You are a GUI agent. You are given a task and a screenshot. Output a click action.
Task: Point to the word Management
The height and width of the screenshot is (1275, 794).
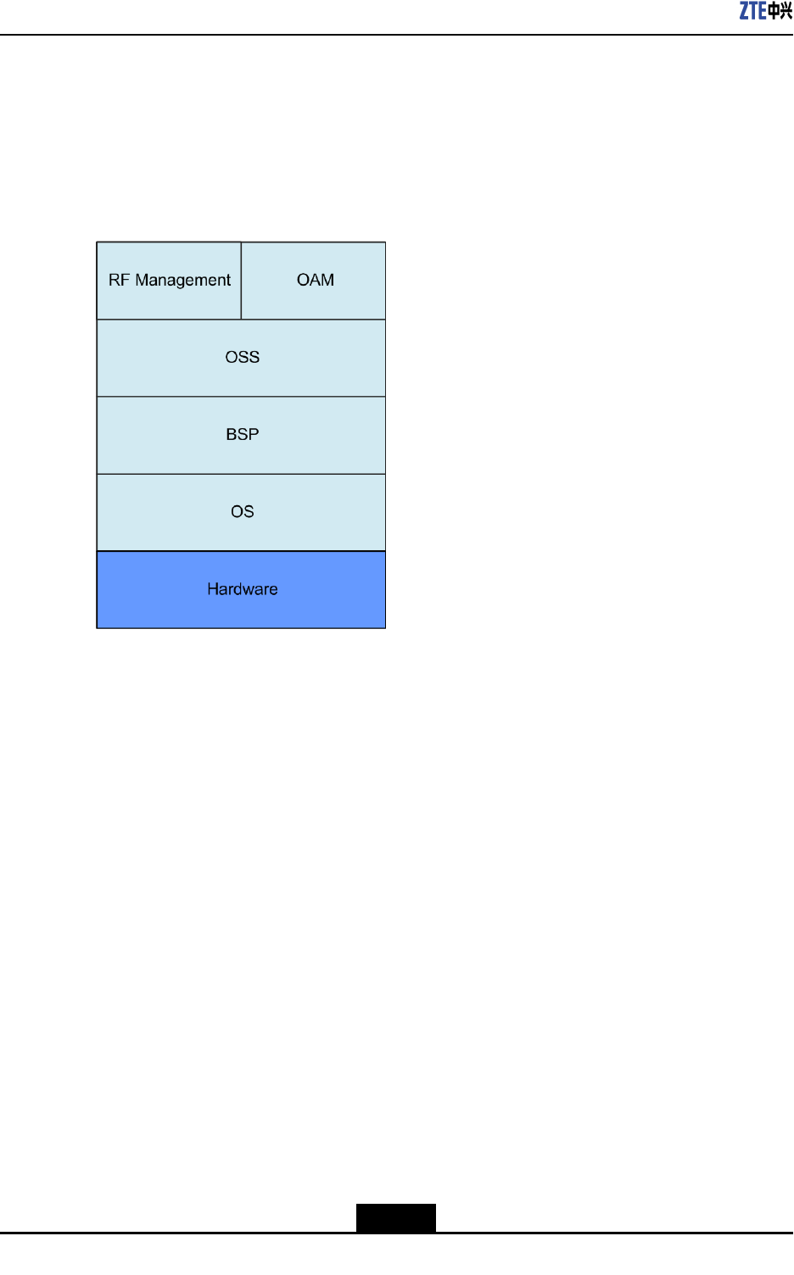pyautogui.click(x=182, y=281)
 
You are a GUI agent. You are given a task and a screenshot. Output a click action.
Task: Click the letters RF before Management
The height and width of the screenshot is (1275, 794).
pyautogui.click(x=119, y=280)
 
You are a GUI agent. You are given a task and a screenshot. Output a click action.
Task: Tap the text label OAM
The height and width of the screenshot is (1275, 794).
pyautogui.click(x=316, y=280)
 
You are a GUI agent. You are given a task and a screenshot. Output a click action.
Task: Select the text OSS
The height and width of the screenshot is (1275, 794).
pyautogui.click(x=243, y=357)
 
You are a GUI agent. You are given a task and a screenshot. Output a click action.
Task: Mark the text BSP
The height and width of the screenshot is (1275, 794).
pyautogui.click(x=243, y=434)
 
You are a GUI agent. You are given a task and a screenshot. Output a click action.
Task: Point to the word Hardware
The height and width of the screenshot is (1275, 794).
pyautogui.click(x=243, y=589)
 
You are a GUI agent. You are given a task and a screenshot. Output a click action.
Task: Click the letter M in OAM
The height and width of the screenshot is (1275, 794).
pyautogui.click(x=327, y=280)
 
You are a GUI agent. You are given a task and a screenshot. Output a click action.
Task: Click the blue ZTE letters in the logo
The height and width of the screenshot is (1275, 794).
pyautogui.click(x=752, y=11)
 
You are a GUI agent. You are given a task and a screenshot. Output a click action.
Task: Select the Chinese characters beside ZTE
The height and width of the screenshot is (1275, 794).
pyautogui.click(x=780, y=11)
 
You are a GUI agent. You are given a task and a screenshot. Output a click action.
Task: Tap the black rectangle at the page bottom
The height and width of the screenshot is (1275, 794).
pyautogui.click(x=395, y=1217)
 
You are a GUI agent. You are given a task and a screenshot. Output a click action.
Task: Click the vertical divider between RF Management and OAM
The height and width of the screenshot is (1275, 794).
pyautogui.click(x=241, y=281)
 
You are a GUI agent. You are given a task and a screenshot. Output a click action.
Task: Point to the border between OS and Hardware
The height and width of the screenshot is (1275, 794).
pyautogui.click(x=241, y=551)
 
